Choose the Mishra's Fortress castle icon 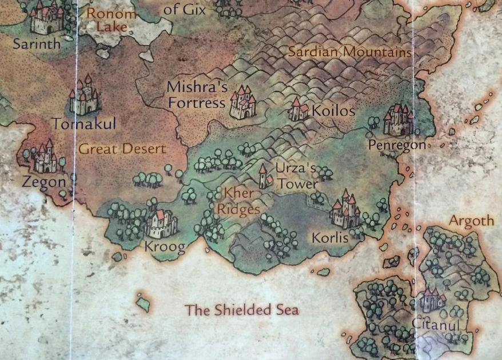[x=243, y=103]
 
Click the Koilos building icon [x=298, y=110]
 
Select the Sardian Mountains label [x=349, y=52]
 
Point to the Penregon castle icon [x=399, y=120]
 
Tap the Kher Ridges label [x=240, y=201]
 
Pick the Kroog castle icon [x=161, y=223]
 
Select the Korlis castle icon [x=345, y=211]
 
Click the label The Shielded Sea [x=242, y=310]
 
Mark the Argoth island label [x=471, y=221]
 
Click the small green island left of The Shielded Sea [x=142, y=302]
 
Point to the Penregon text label [x=397, y=145]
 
